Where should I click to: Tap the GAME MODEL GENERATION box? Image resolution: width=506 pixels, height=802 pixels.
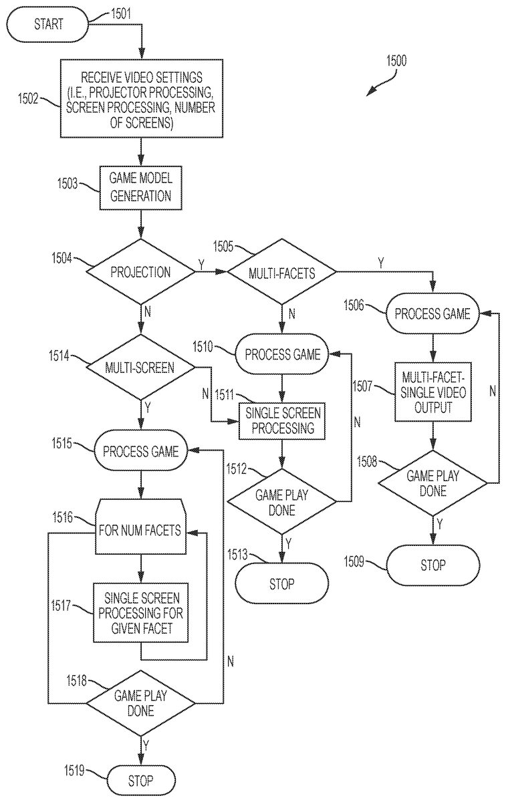click(141, 187)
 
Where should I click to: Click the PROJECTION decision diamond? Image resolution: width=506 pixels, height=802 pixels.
click(141, 271)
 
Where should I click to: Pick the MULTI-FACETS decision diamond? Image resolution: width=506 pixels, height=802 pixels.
click(281, 272)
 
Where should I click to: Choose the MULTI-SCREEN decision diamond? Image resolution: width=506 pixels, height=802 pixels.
click(141, 367)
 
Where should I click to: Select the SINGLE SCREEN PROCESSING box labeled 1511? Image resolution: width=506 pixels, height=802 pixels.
click(281, 421)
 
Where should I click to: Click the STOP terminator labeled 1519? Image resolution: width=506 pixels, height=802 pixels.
click(140, 780)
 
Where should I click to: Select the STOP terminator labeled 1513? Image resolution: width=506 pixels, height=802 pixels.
click(281, 583)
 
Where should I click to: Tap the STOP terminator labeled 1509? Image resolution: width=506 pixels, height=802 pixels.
click(432, 565)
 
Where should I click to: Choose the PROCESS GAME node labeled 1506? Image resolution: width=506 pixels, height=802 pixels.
click(432, 314)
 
